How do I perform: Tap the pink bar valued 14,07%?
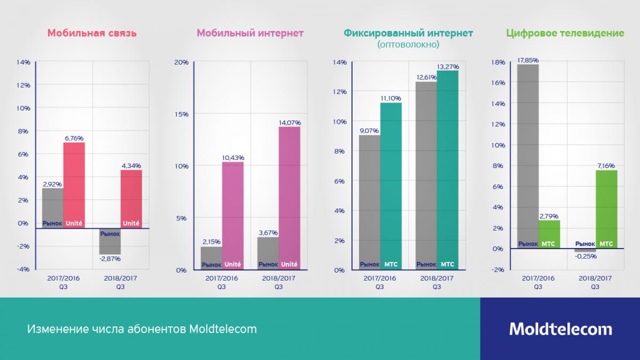pyautogui.click(x=290, y=198)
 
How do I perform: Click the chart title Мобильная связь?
pyautogui.click(x=92, y=33)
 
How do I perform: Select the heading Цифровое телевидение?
pyautogui.click(x=564, y=33)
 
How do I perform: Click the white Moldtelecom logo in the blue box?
pyautogui.click(x=560, y=329)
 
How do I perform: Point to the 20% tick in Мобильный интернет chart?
pyautogui.click(x=181, y=62)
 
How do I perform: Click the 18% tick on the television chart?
pyautogui.click(x=497, y=62)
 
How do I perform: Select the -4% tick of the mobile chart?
pyautogui.click(x=23, y=269)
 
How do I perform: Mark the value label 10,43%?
pyautogui.click(x=233, y=157)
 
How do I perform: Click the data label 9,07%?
pyautogui.click(x=369, y=131)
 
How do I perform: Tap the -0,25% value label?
pyautogui.click(x=585, y=256)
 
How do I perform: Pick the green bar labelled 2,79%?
pyautogui.click(x=549, y=235)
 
